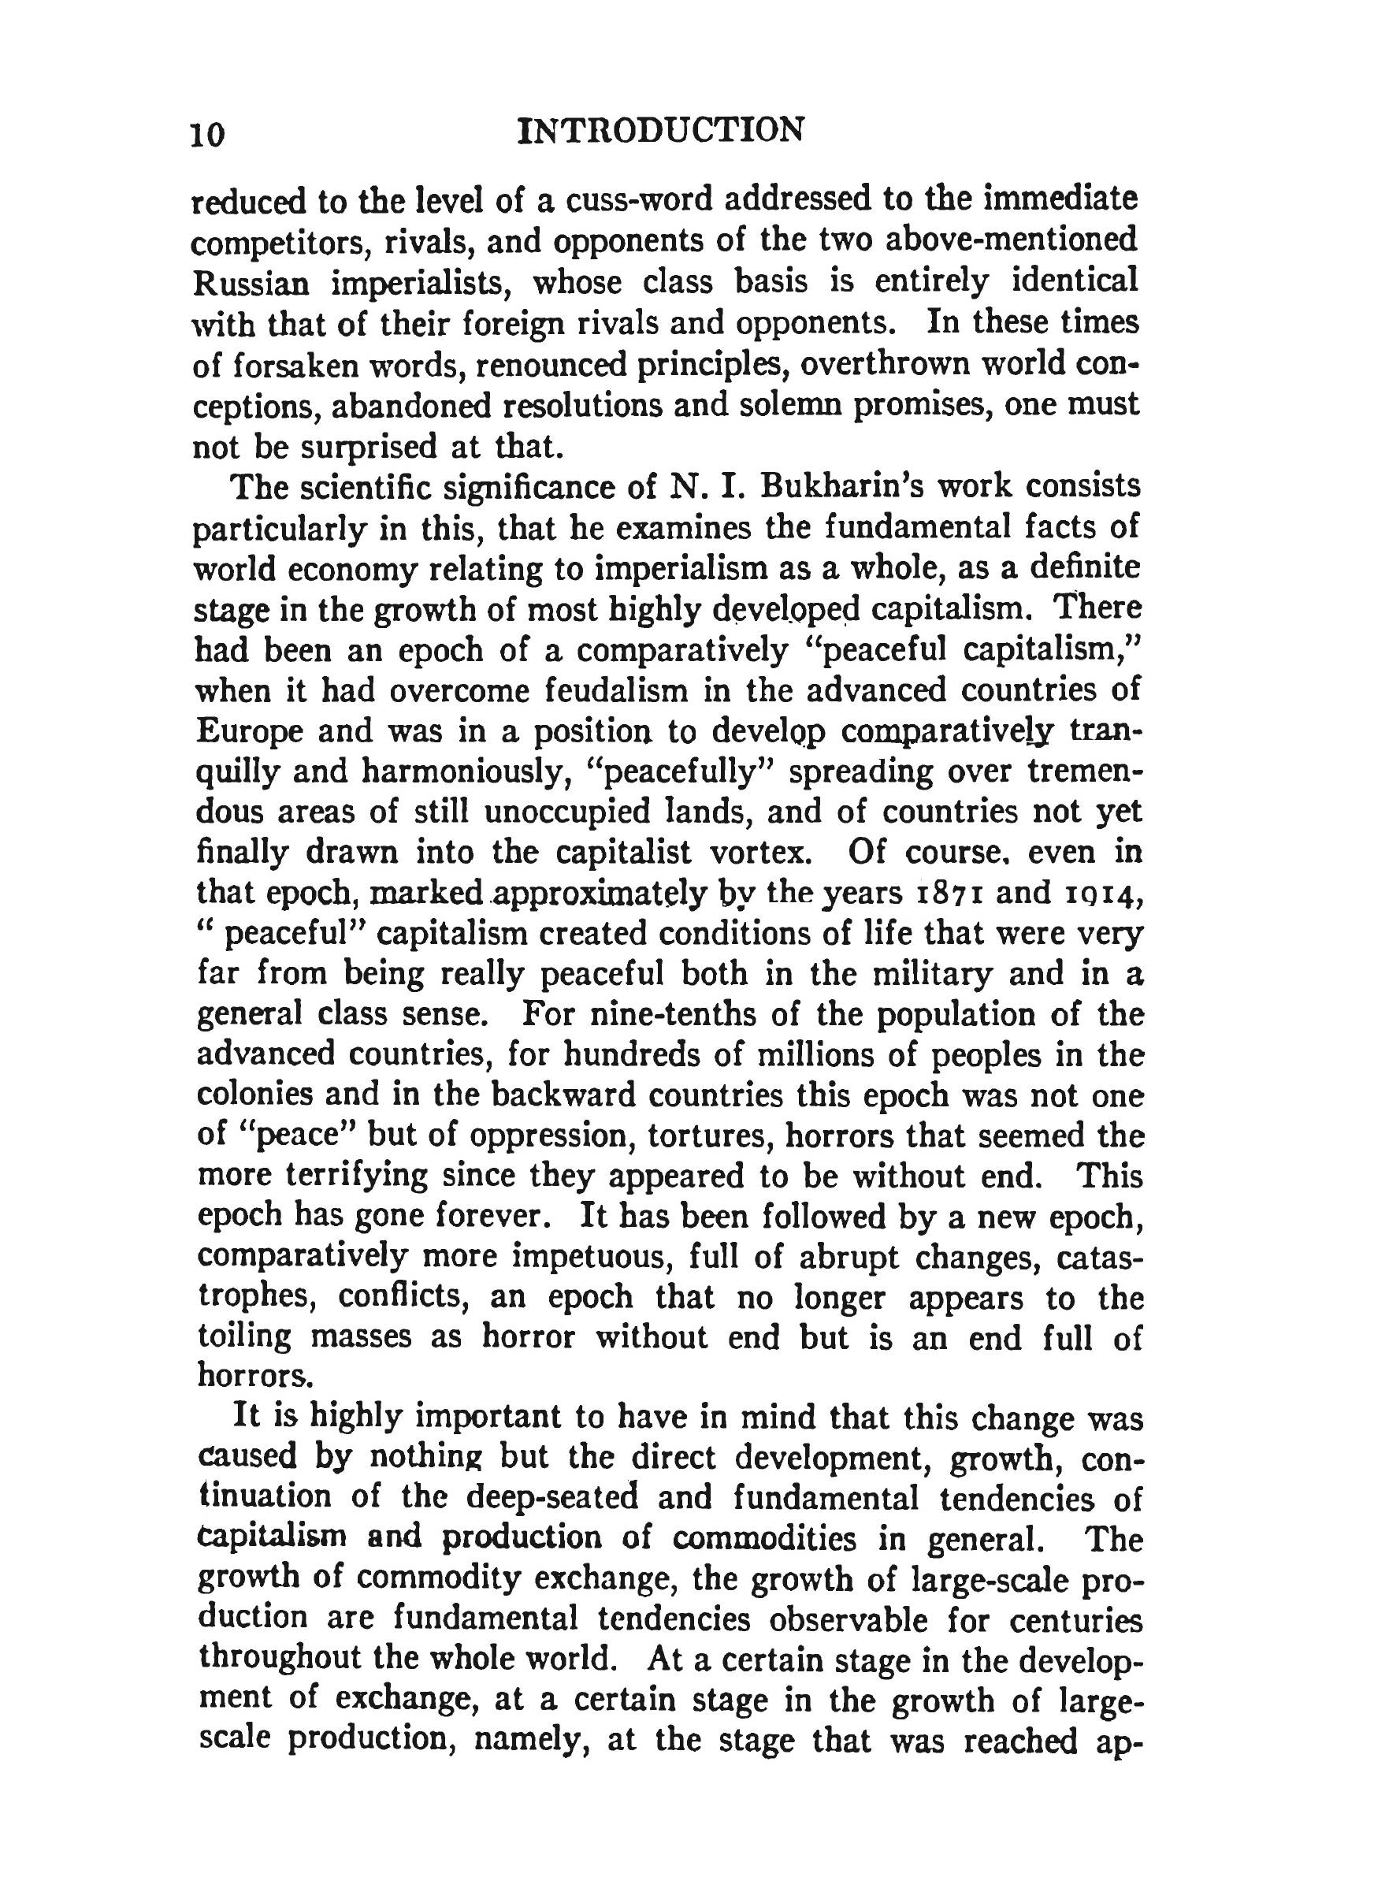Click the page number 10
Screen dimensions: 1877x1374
pyautogui.click(x=208, y=134)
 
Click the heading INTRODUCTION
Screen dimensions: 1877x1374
pyautogui.click(x=660, y=131)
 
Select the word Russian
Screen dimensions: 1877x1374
pyautogui.click(x=251, y=283)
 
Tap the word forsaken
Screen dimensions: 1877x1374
pyautogui.click(x=315, y=365)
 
